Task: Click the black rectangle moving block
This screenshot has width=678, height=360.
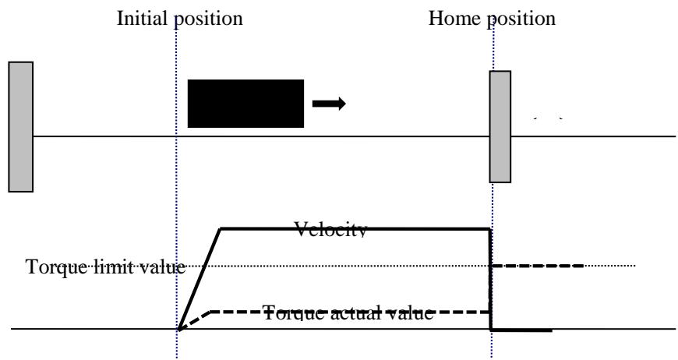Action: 245,104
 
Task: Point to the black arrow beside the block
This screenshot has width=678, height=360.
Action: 329,104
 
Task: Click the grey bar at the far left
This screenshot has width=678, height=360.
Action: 21,127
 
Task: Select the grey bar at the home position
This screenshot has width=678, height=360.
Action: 500,127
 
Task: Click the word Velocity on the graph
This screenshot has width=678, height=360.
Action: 330,230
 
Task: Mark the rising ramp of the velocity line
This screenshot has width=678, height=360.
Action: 200,279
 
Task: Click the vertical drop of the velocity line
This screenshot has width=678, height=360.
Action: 491,279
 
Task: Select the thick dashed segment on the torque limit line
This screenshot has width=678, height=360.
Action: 538,266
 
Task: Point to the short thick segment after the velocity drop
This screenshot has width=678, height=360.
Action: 522,330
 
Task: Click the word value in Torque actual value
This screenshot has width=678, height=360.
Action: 410,312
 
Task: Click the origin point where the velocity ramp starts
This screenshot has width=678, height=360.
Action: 178,330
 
